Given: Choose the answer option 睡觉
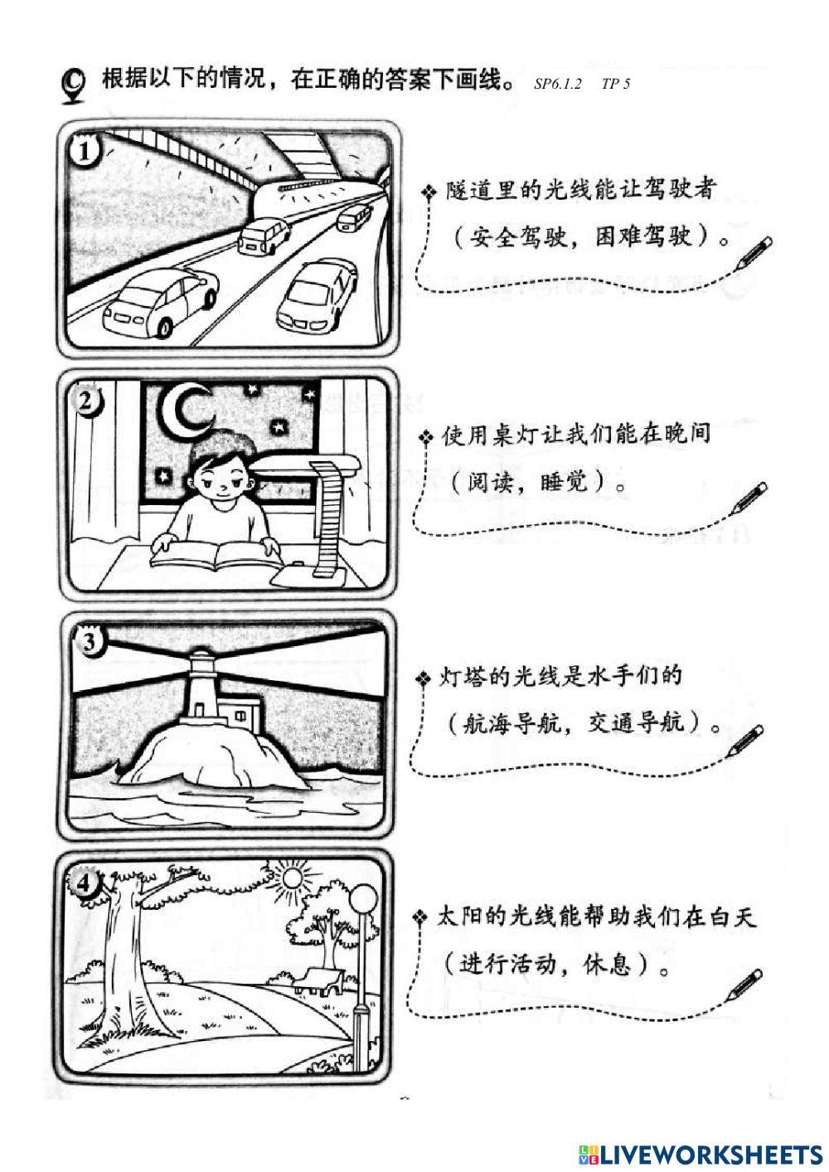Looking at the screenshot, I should coord(564,481).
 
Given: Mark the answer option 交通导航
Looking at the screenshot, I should coord(637,723).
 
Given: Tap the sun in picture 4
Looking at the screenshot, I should coord(292,876).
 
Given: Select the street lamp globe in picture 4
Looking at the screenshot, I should coord(363,897).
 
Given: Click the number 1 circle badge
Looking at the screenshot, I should coord(86,153).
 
